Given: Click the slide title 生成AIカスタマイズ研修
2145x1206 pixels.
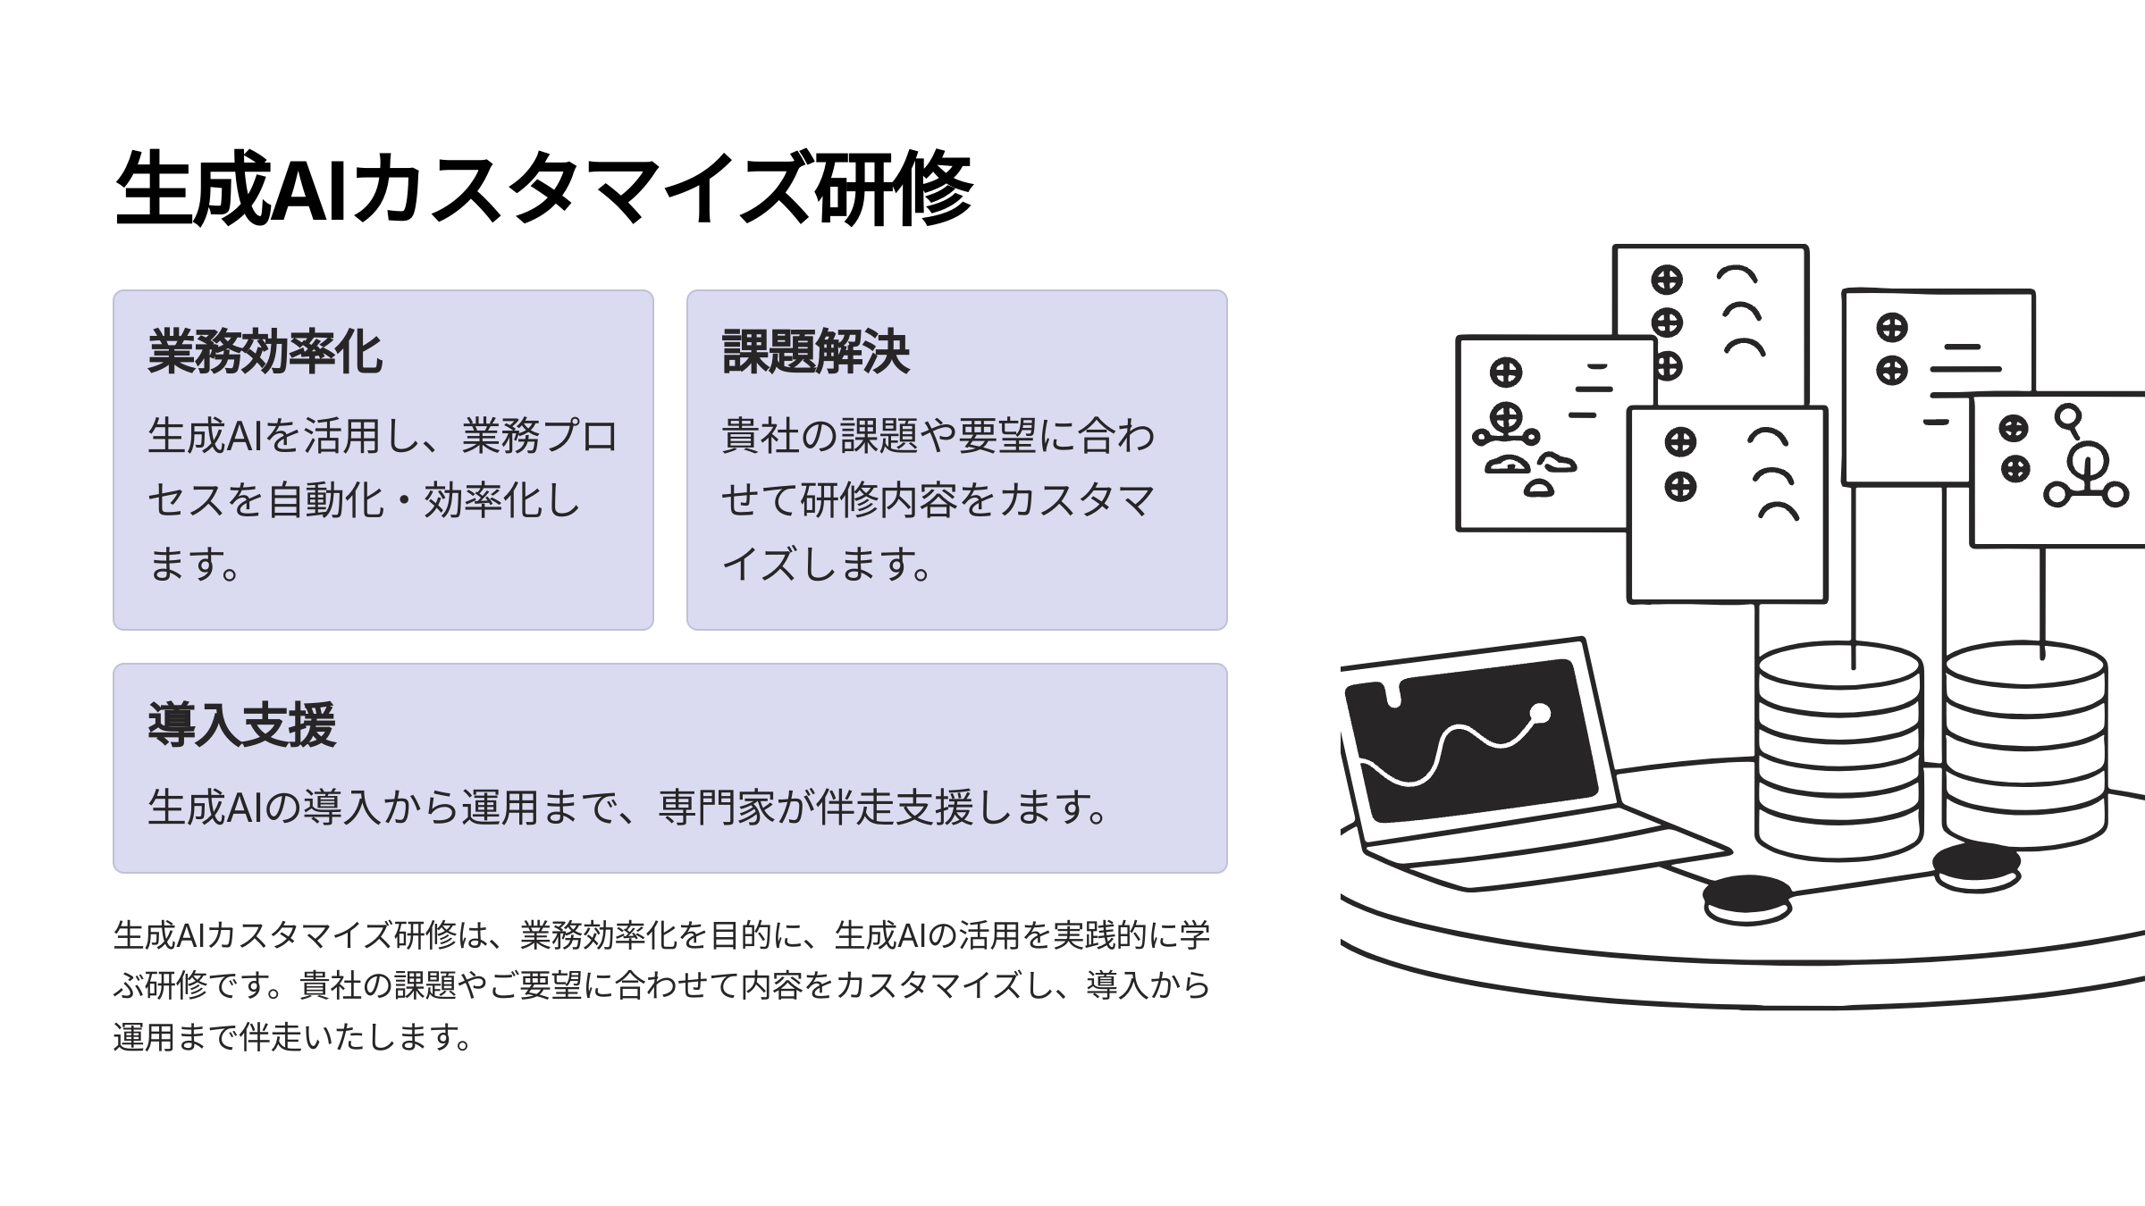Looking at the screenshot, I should (x=543, y=188).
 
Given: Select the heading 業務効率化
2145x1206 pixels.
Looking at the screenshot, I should (x=265, y=352).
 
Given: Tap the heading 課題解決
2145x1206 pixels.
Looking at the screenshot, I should (x=815, y=352).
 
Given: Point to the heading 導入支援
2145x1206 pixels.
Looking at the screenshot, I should (x=241, y=724).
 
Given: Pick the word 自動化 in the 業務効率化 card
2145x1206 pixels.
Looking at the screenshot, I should (x=326, y=500).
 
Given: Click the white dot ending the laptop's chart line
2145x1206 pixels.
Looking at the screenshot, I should (x=1540, y=714).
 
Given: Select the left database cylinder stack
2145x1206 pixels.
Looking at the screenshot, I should (x=1839, y=750).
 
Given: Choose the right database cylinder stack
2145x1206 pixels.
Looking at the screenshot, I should (x=2025, y=746).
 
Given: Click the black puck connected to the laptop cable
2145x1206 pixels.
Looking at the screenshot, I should (x=1747, y=892).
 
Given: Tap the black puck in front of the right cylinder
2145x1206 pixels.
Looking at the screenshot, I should (x=1976, y=863).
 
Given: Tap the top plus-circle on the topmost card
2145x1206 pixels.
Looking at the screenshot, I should (x=1666, y=280).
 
